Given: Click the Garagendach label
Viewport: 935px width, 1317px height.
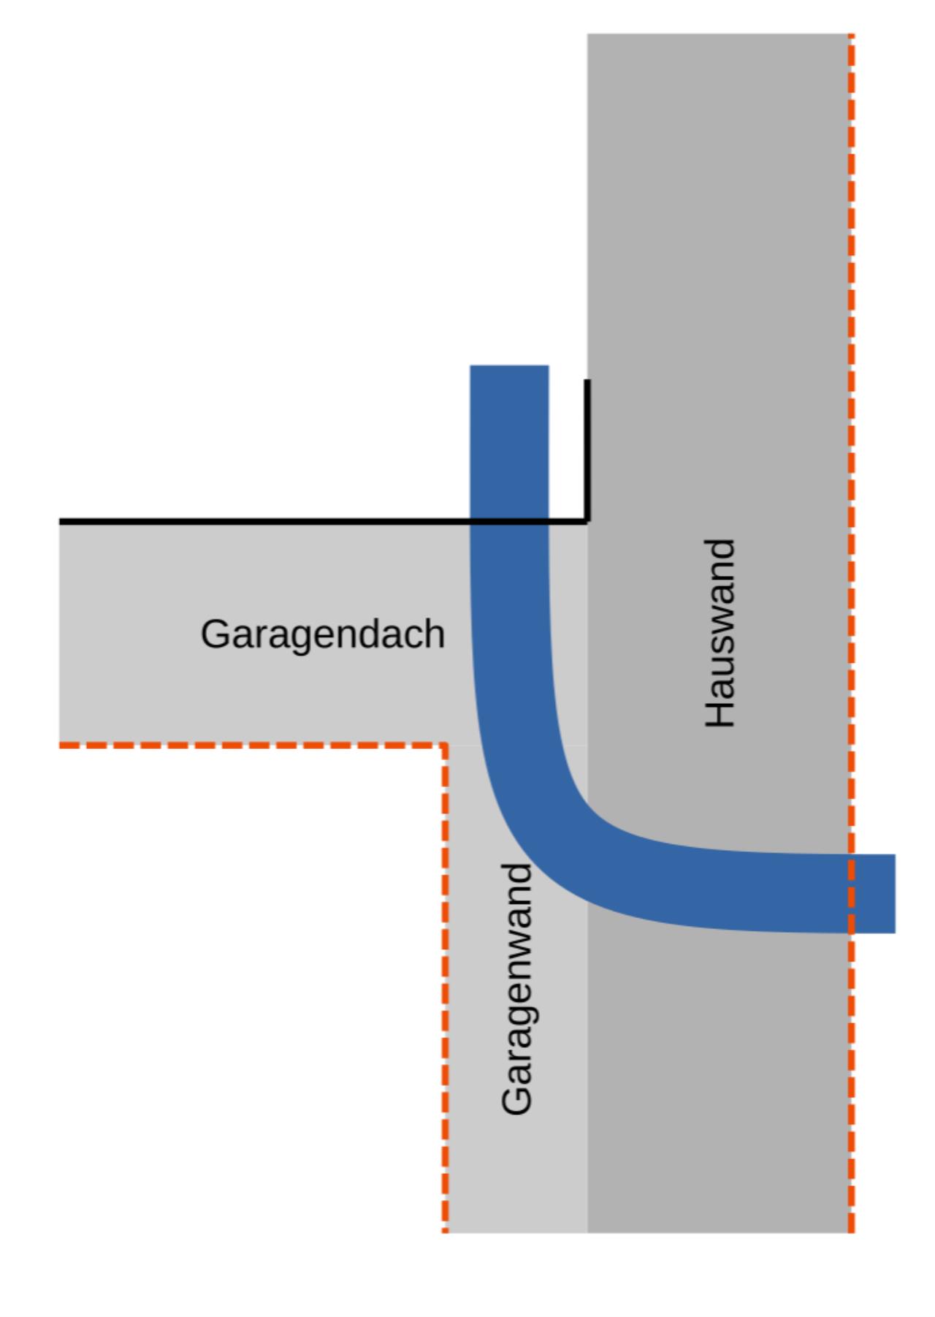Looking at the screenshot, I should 322,634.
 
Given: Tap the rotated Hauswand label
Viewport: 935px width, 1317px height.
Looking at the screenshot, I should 720,633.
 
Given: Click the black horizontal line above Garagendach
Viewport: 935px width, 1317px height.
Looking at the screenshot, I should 263,521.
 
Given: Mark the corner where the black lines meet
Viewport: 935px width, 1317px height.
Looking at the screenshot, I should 587,520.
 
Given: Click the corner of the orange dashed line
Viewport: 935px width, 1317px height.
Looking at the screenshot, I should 445,745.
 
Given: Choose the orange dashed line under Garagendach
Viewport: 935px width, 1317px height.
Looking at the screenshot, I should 248,745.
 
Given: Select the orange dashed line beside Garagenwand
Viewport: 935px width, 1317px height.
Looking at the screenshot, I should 445,987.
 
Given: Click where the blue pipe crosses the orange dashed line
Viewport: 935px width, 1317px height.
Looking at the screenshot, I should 851,893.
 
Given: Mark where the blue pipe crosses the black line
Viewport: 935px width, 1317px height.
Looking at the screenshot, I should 509,521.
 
